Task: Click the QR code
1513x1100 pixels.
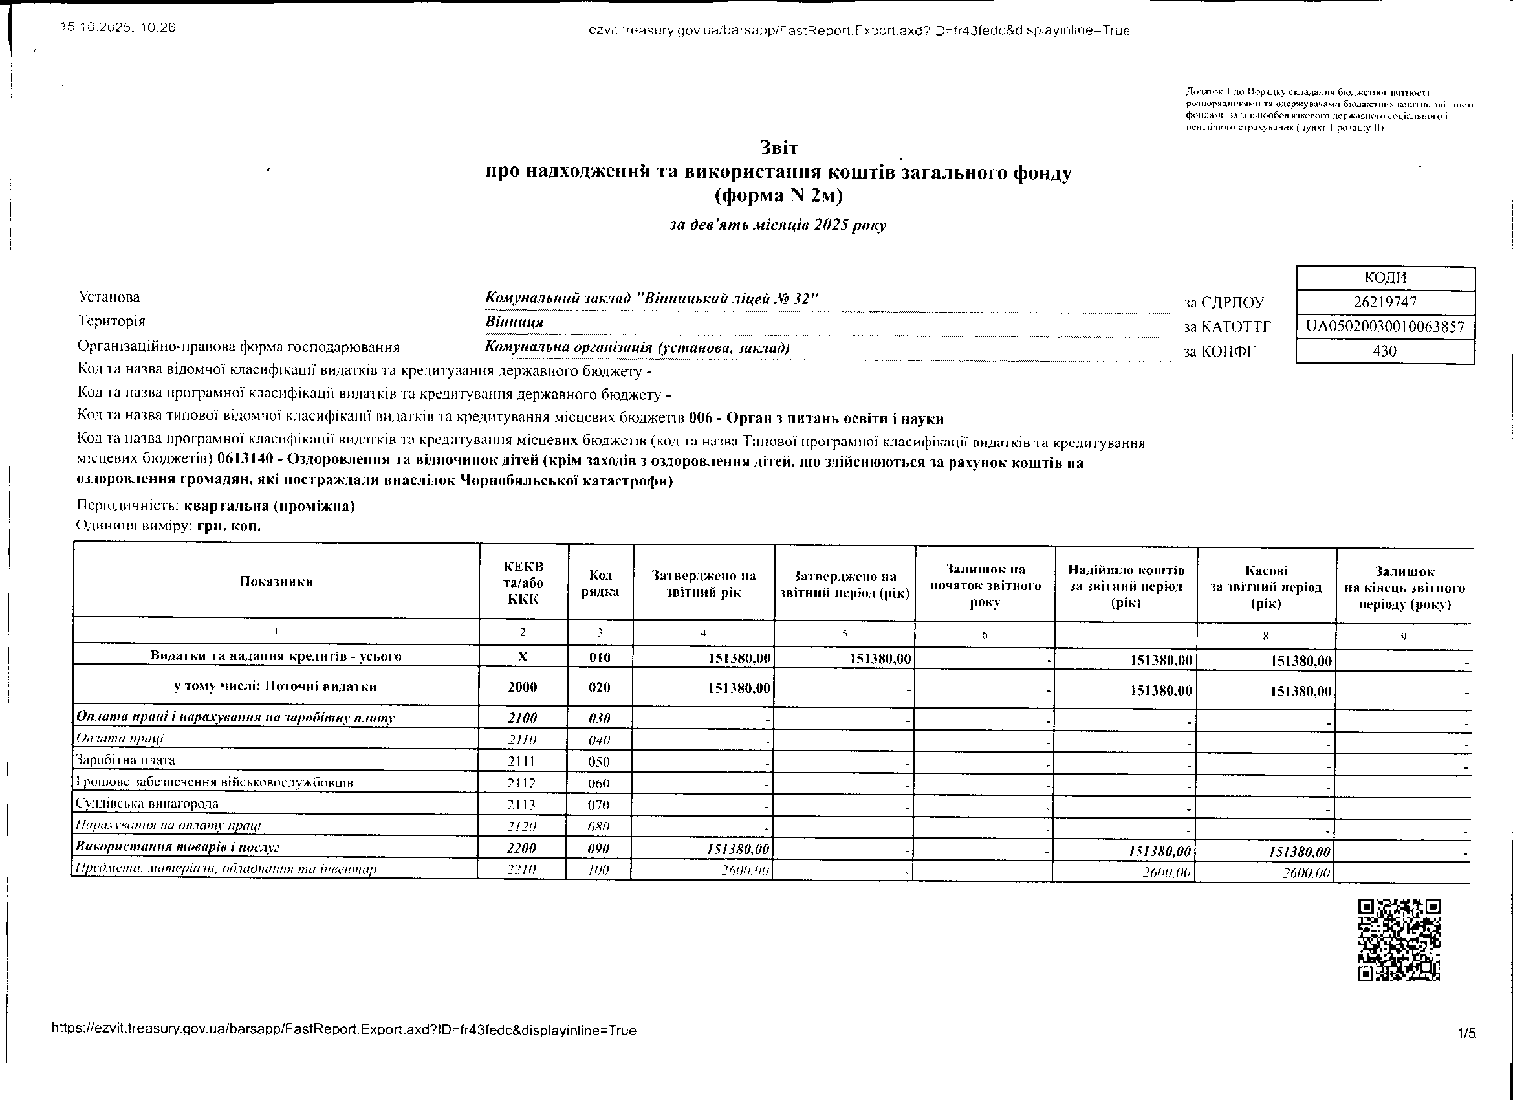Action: [1399, 940]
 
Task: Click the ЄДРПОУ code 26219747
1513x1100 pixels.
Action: [1385, 302]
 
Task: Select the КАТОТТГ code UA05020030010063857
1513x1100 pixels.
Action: [1385, 327]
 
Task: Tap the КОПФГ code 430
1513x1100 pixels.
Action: [1385, 351]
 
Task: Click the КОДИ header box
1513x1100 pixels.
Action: [1385, 278]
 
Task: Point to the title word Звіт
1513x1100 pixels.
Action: [779, 148]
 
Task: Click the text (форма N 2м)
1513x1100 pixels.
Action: [779, 196]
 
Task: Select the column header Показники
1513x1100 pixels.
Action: [276, 581]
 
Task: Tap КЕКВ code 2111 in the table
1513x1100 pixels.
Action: [523, 762]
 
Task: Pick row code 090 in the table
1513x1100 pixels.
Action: [599, 849]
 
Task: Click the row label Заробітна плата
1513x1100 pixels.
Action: [125, 760]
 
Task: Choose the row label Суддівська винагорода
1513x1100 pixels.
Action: [147, 804]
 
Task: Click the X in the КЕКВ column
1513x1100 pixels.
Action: [523, 657]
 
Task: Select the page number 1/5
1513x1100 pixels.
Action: [1466, 1033]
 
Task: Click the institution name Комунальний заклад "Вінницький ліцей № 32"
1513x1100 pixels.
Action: [651, 298]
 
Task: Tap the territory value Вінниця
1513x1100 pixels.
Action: [514, 322]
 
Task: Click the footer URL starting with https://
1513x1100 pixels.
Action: [343, 1030]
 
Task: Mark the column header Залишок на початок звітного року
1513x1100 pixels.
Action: [985, 586]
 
